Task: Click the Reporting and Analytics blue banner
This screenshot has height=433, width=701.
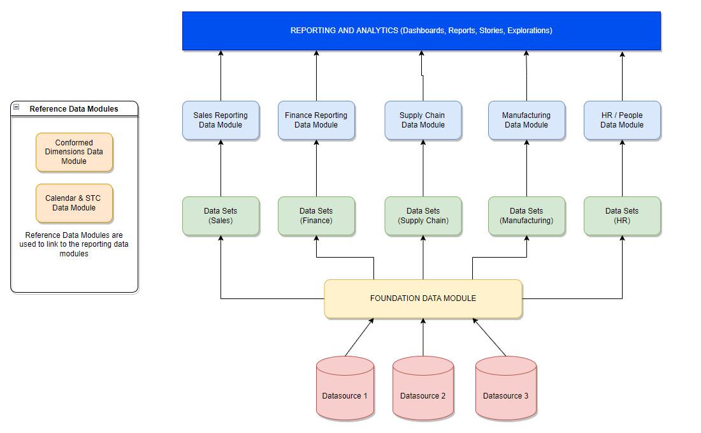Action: (x=421, y=31)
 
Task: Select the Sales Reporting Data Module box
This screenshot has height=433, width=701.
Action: (x=220, y=120)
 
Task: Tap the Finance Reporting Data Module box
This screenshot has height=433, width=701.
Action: (x=316, y=120)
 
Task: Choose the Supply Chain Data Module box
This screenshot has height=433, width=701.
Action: (x=423, y=120)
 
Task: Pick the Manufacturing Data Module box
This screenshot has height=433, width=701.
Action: (x=526, y=120)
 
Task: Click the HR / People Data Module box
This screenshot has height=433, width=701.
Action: (x=622, y=120)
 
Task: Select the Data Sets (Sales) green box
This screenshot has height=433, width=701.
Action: (x=220, y=216)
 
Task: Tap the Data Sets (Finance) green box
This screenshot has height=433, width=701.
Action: (x=316, y=216)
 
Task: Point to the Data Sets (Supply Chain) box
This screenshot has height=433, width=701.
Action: (x=423, y=216)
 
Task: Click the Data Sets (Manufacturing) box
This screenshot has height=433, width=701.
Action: (x=526, y=216)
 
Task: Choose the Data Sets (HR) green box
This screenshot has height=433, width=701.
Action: (x=622, y=216)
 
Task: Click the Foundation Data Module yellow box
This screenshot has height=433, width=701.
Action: (x=423, y=298)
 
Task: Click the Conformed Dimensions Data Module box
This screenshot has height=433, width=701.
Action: (x=74, y=152)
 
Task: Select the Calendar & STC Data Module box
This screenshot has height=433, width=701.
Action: (x=74, y=203)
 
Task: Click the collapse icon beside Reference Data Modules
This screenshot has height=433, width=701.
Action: (x=17, y=108)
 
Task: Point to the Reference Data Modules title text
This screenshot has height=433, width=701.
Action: (x=74, y=109)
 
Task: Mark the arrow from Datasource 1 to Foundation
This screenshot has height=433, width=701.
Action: (x=359, y=337)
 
